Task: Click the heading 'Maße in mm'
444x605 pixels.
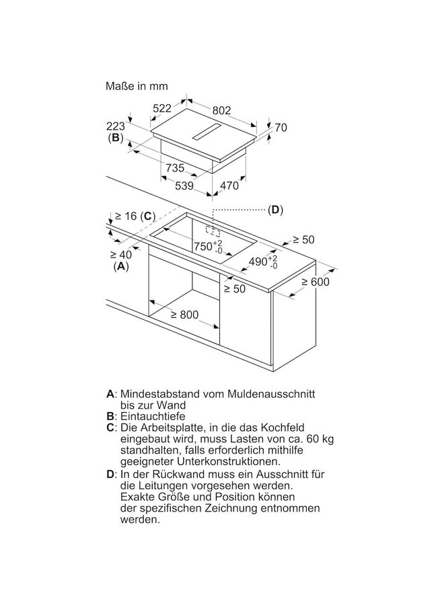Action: (x=137, y=86)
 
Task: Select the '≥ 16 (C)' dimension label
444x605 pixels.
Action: (x=135, y=216)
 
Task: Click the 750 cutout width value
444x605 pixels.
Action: (x=204, y=247)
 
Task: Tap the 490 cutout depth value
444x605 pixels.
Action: (x=259, y=261)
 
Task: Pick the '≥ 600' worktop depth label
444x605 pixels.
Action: (x=315, y=282)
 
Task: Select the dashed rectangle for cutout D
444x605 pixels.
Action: (x=216, y=231)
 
